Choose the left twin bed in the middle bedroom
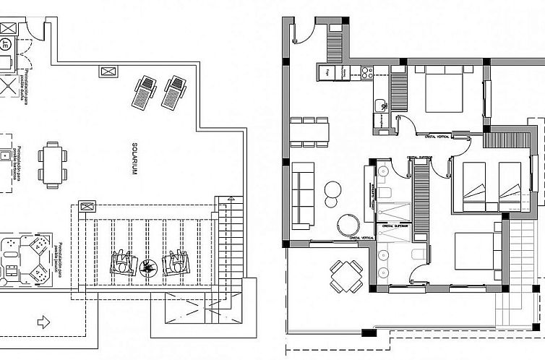point(474,184)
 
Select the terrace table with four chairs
point(346,275)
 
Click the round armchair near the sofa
point(348,222)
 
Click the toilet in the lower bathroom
point(416,253)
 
